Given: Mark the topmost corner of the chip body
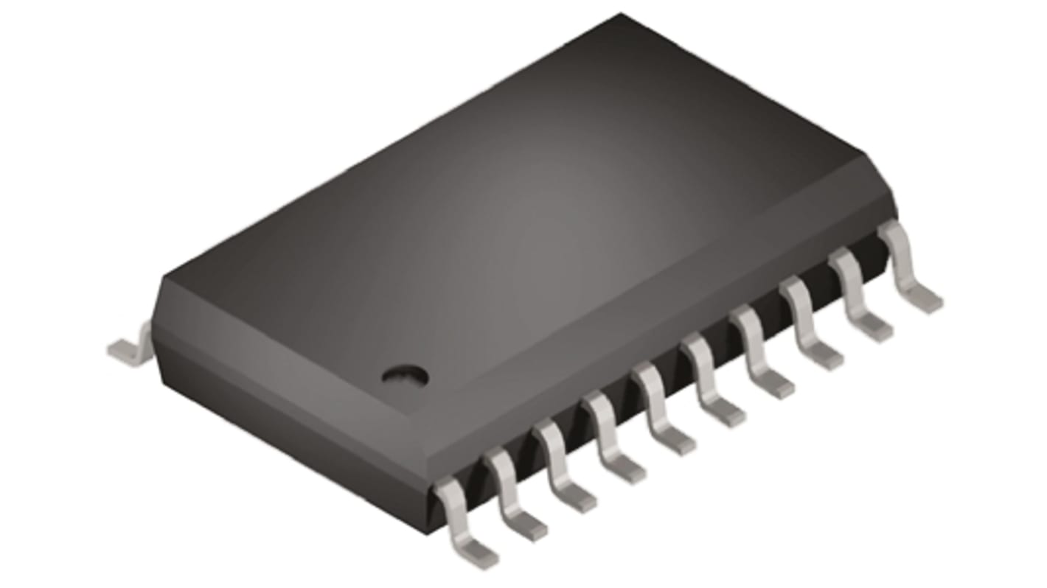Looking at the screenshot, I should pos(619,15).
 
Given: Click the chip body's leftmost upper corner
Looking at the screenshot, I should pos(163,276).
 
